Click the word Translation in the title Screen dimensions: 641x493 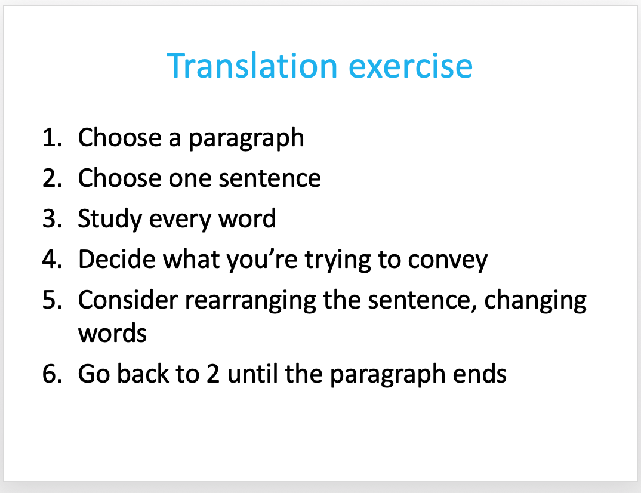tap(252, 66)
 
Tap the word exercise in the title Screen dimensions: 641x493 tap(411, 66)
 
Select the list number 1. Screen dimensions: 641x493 tap(53, 137)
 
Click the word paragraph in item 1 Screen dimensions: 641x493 tap(246, 138)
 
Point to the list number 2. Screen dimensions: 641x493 tap(53, 178)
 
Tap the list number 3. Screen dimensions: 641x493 tap(53, 218)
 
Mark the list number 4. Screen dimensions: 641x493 tap(53, 259)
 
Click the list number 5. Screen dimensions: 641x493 tap(53, 300)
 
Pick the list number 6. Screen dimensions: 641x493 tap(53, 374)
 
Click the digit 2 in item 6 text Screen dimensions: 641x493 tap(213, 374)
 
